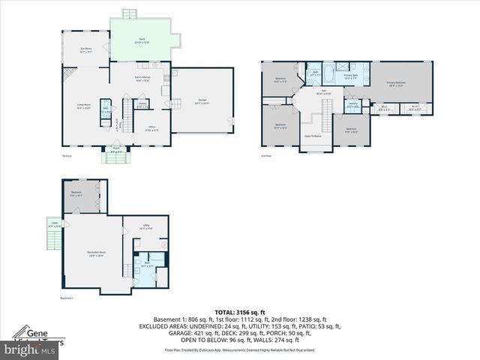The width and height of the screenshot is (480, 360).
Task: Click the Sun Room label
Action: [85, 49]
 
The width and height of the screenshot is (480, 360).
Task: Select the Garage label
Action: [202, 101]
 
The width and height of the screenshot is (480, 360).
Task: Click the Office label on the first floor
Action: [151, 127]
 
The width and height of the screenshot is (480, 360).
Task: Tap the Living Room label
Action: [83, 106]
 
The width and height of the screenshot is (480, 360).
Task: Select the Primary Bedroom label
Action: [395, 83]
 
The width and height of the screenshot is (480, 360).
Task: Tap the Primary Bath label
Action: [350, 76]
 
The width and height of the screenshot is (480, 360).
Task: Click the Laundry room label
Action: [352, 106]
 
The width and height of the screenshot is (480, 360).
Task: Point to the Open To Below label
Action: [313, 136]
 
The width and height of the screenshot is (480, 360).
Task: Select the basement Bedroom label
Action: [76, 193]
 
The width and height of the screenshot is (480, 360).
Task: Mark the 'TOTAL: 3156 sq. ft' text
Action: [239, 312]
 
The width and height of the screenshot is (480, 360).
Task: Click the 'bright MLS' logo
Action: [30, 349]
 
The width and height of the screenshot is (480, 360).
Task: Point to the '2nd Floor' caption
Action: [265, 155]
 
